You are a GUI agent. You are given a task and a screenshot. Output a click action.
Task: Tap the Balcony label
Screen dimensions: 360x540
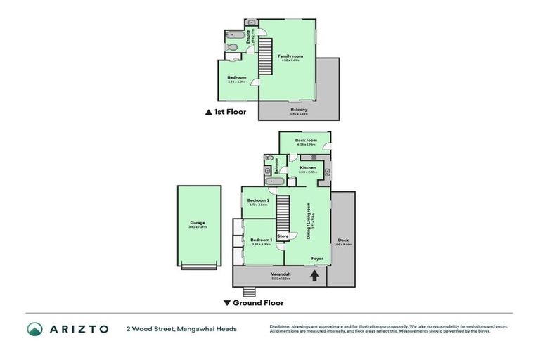coord(299,109)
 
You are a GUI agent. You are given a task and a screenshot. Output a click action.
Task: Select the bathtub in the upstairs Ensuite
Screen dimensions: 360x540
coord(234,34)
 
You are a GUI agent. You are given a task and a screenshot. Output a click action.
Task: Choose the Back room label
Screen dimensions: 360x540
coord(306,141)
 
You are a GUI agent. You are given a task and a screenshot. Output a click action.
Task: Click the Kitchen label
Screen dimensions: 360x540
coord(308,167)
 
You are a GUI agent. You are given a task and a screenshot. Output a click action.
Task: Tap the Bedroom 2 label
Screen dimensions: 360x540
coord(258,200)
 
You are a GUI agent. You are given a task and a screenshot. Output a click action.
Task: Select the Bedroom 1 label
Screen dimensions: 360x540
coord(261,240)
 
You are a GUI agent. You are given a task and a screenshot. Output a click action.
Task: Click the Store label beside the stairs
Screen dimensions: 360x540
coord(283,236)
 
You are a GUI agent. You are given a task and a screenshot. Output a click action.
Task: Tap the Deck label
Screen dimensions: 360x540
coord(342,240)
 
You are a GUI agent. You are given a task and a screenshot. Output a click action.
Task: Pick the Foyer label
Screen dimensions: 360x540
coord(318,259)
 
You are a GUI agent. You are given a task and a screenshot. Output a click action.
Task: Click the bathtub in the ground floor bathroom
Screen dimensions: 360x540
coord(276,181)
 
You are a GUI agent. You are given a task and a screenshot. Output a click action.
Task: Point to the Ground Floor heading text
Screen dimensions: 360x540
coord(258,303)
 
